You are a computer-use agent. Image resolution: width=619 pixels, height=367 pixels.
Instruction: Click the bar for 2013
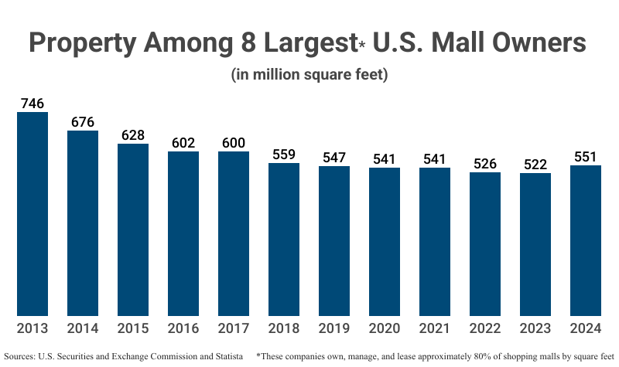pyautogui.click(x=32, y=214)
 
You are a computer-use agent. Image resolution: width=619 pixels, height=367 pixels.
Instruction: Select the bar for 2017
pyautogui.click(x=234, y=233)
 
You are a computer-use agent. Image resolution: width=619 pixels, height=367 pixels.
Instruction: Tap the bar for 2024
pyautogui.click(x=586, y=240)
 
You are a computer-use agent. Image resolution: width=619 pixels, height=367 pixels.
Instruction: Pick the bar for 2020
pyautogui.click(x=385, y=241)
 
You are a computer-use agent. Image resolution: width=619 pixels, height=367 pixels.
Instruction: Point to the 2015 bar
pyautogui.click(x=133, y=229)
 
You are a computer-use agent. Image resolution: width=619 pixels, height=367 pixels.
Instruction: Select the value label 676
pyautogui.click(x=83, y=122)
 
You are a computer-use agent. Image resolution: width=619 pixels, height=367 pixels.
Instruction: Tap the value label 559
pyautogui.click(x=284, y=154)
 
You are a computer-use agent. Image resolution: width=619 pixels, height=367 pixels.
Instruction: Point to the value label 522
pyautogui.click(x=535, y=164)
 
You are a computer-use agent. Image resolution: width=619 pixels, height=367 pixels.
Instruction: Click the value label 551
pyautogui.click(x=586, y=156)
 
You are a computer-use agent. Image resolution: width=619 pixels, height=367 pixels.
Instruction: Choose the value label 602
pyautogui.click(x=183, y=142)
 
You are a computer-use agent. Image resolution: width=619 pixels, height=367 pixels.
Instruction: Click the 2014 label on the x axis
pyautogui.click(x=83, y=328)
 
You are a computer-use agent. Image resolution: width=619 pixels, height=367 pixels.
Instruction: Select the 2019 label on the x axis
pyautogui.click(x=334, y=328)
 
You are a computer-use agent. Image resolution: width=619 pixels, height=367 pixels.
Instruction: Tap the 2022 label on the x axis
pyautogui.click(x=485, y=328)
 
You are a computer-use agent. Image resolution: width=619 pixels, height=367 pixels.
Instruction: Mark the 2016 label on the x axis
pyautogui.click(x=183, y=328)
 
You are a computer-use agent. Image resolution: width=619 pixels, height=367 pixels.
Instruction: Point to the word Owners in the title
pyautogui.click(x=532, y=42)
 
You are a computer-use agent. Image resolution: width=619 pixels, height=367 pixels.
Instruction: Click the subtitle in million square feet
pyautogui.click(x=309, y=75)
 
